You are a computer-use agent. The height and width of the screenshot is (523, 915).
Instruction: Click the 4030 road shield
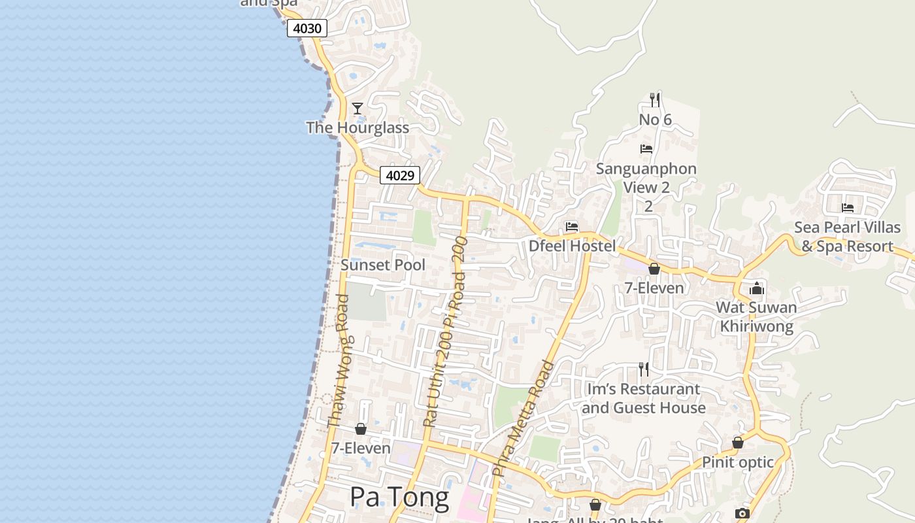click(x=307, y=28)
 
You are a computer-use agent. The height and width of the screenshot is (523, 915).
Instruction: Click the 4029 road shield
click(x=400, y=175)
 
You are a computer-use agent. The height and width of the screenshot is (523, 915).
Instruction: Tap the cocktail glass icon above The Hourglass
click(x=358, y=108)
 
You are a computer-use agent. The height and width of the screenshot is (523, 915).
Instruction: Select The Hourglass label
click(x=358, y=127)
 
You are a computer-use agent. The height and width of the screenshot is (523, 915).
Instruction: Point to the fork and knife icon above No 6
click(x=655, y=100)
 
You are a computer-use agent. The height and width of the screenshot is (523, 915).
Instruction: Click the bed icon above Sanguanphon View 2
click(x=646, y=149)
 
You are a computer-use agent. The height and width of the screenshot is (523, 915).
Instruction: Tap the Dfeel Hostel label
click(x=572, y=246)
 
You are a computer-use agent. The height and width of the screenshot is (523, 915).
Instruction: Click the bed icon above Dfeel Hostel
click(x=572, y=227)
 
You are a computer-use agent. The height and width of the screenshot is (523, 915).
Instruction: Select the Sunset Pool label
click(x=383, y=265)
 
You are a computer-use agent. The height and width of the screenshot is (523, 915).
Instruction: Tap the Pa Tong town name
click(x=399, y=498)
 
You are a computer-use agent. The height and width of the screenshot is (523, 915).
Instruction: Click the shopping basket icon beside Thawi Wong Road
click(x=360, y=429)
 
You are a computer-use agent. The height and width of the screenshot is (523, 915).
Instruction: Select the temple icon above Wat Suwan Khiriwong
click(x=757, y=288)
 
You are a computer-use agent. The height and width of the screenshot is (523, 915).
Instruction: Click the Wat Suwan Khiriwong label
click(x=756, y=317)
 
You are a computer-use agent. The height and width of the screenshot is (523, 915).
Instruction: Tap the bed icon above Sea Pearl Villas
click(x=848, y=208)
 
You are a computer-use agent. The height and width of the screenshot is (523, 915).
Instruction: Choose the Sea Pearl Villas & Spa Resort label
click(x=847, y=237)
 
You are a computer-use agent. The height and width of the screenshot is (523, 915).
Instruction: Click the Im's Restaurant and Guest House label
click(x=644, y=398)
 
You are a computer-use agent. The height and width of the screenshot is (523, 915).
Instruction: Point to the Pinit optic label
click(x=738, y=462)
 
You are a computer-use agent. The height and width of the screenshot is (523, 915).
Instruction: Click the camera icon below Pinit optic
click(x=741, y=513)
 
